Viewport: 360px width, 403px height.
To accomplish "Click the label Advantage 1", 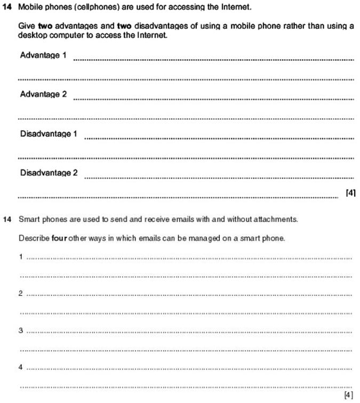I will click(x=43, y=55).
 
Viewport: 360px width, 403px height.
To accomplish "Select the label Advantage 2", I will click(x=43, y=94).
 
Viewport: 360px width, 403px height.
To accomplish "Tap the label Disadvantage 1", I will click(x=49, y=134).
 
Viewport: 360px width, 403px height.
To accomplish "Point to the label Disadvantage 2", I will click(x=49, y=173).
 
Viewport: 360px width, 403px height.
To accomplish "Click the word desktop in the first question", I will click(x=31, y=35).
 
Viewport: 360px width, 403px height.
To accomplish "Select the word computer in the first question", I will click(x=65, y=35).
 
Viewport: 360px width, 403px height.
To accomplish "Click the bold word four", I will click(x=58, y=238).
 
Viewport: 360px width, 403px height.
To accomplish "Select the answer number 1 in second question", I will click(x=21, y=256).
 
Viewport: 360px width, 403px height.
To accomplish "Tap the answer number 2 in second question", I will click(x=21, y=293).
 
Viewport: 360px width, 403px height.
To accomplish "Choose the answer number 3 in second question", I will click(x=21, y=331).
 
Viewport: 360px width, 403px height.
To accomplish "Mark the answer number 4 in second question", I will click(x=21, y=367).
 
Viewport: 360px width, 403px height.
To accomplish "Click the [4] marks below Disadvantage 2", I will click(x=350, y=192).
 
